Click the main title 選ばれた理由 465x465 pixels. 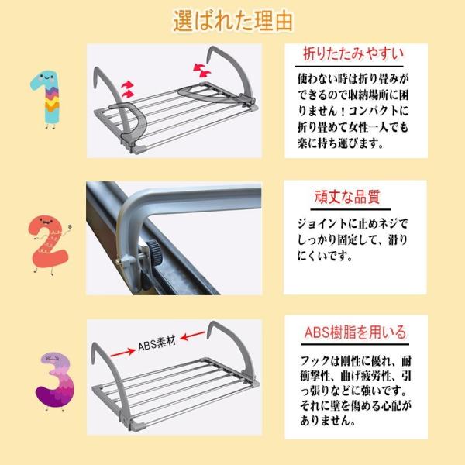tap(233, 21)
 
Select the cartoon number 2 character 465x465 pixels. tap(50, 245)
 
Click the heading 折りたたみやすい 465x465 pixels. tap(353, 54)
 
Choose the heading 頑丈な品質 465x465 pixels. tap(347, 197)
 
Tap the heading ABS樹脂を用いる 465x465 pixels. tap(355, 332)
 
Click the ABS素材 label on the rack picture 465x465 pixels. tap(157, 343)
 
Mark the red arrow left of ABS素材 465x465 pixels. tap(122, 353)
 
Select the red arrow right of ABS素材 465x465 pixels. tap(192, 336)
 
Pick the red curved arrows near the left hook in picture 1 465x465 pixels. tap(128, 89)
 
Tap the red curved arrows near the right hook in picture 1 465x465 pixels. tap(201, 70)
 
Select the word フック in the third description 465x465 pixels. tap(315, 361)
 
